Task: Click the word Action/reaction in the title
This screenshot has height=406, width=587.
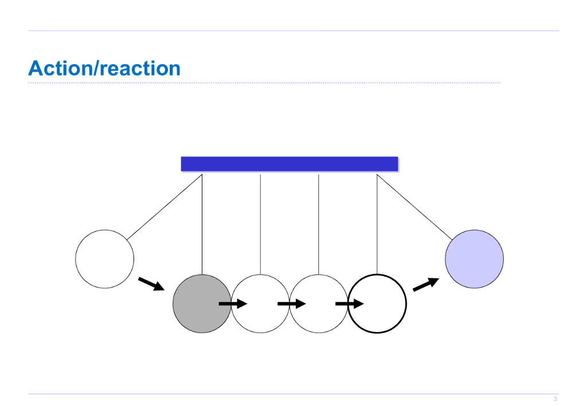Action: tap(104, 69)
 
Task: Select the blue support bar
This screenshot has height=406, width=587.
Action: tap(289, 164)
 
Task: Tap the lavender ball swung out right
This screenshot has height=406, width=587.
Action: tap(474, 259)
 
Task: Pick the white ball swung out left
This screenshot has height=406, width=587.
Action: tap(104, 259)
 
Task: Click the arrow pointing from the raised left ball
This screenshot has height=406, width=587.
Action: tap(151, 284)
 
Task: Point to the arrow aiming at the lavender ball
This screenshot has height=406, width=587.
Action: tap(426, 284)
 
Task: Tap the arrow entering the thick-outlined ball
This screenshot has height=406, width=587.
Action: tap(350, 304)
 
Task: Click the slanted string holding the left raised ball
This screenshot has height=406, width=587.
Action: tap(165, 207)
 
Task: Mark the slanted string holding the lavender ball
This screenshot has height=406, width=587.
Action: tap(414, 207)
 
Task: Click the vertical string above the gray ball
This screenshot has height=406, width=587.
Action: tap(202, 223)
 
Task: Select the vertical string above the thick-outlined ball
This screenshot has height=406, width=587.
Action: tap(377, 223)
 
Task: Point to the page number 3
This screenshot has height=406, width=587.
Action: tap(555, 399)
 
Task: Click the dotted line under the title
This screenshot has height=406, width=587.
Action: tap(264, 83)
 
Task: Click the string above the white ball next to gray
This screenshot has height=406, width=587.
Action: tap(260, 223)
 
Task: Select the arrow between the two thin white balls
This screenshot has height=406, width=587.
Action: tap(291, 304)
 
